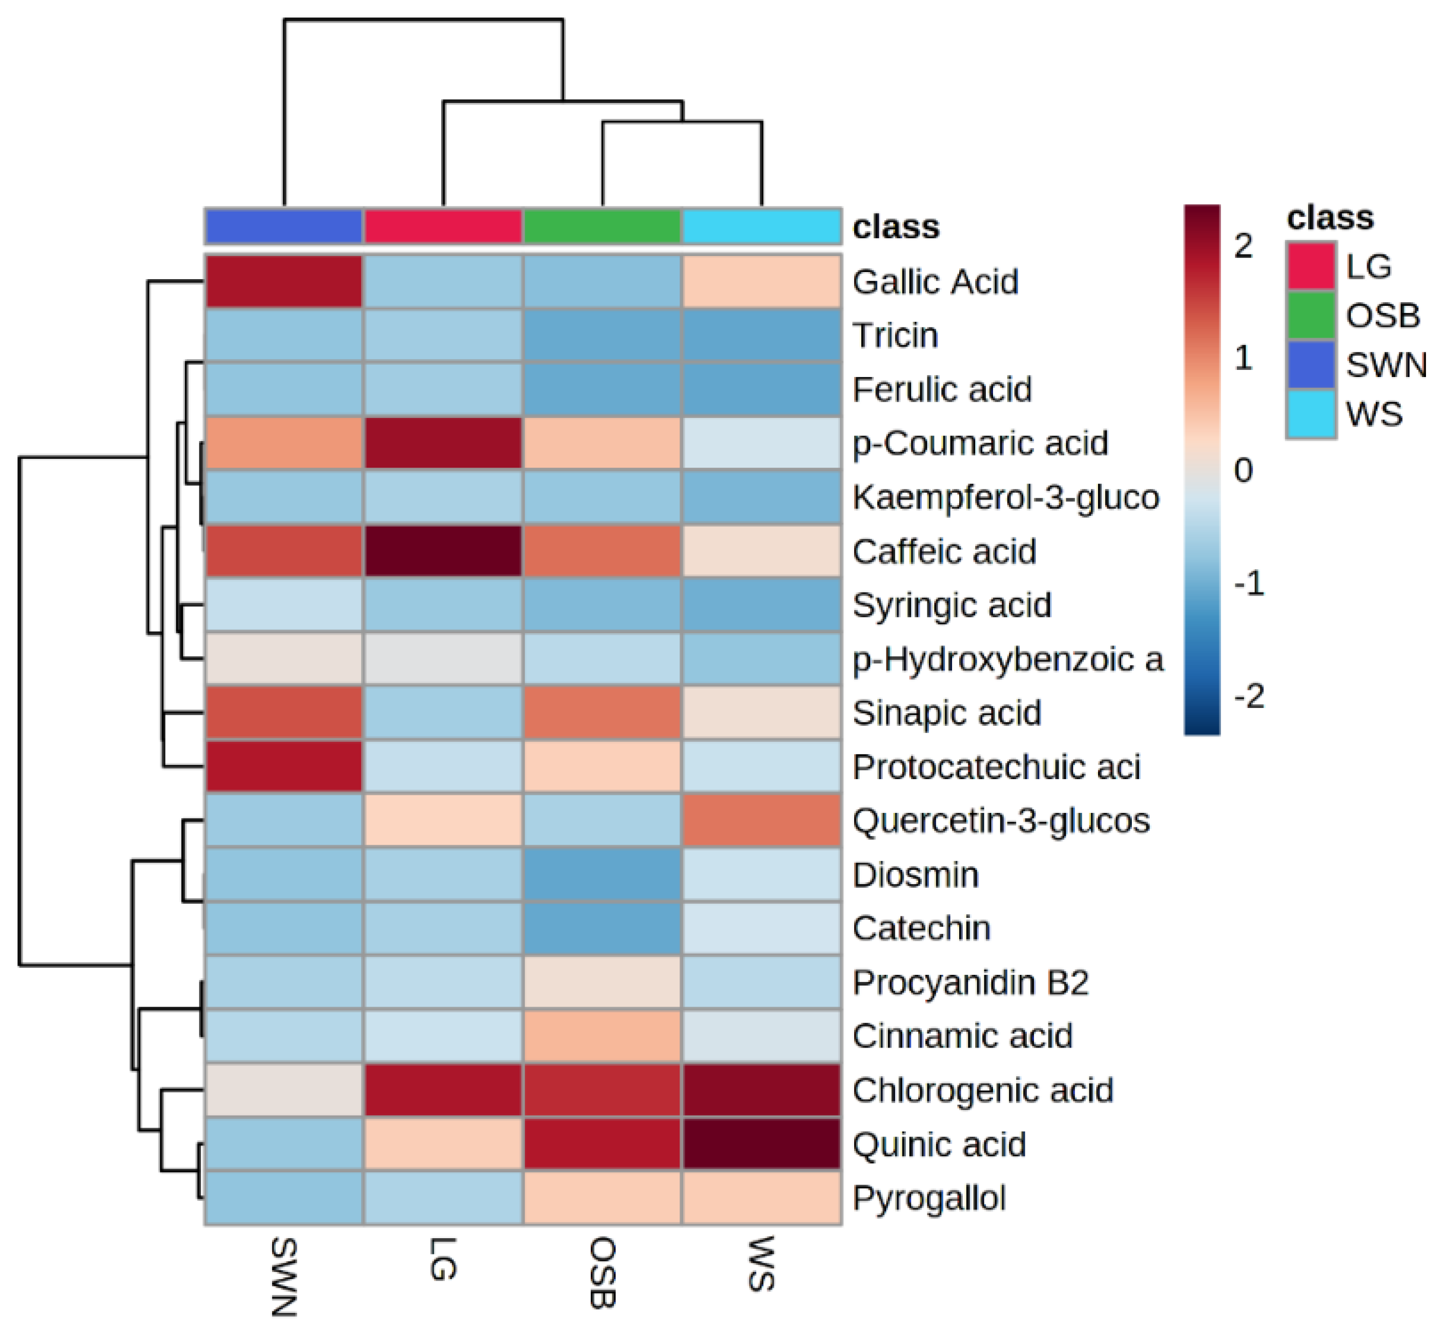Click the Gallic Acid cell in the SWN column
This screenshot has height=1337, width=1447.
point(284,281)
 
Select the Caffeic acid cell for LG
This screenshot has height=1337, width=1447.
point(443,551)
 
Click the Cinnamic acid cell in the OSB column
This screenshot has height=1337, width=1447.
point(602,1035)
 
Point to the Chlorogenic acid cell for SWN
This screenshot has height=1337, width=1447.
point(284,1090)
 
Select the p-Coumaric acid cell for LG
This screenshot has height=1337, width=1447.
point(443,443)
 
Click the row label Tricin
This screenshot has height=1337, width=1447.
point(895,335)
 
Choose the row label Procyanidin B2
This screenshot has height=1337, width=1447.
point(970,982)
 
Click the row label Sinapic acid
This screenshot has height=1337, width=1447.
point(946,713)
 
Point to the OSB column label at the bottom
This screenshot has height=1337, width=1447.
point(602,1274)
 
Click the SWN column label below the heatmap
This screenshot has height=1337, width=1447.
point(284,1278)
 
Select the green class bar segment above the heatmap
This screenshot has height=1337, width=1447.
point(602,226)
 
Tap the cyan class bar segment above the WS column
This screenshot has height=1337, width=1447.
point(761,226)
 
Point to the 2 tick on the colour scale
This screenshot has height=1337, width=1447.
point(1243,246)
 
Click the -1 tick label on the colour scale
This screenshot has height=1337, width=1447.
point(1249,583)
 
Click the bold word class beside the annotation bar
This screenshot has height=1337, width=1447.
point(896,226)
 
